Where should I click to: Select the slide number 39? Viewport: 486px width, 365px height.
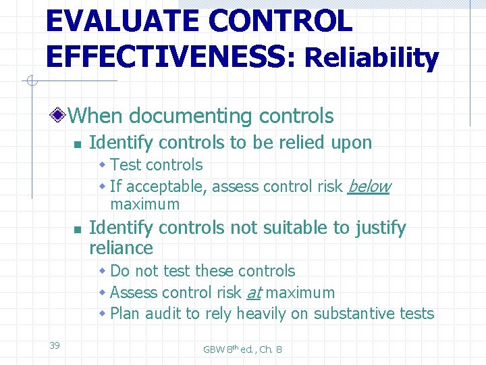pyautogui.click(x=55, y=345)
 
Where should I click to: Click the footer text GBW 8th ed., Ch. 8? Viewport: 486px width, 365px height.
pyautogui.click(x=242, y=349)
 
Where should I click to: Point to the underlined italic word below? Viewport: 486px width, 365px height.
pyautogui.click(x=369, y=187)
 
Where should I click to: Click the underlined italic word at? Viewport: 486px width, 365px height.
pyautogui.click(x=254, y=293)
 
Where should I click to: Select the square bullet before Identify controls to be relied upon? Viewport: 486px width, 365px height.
pyautogui.click(x=78, y=143)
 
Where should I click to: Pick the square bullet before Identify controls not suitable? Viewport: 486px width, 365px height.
pyautogui.click(x=78, y=229)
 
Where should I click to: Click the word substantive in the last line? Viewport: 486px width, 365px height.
pyautogui.click(x=365, y=314)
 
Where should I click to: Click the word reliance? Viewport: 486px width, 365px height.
pyautogui.click(x=121, y=247)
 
